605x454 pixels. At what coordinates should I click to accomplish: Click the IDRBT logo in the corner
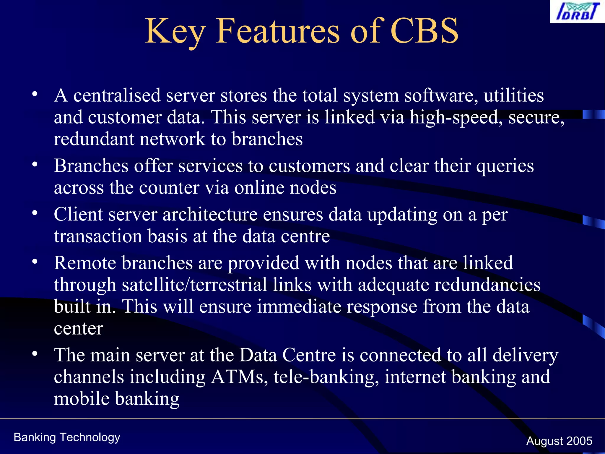click(577, 12)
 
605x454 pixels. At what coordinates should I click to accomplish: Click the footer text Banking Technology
click(67, 437)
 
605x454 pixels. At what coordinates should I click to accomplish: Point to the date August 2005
click(559, 441)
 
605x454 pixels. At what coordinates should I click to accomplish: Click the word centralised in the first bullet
click(117, 95)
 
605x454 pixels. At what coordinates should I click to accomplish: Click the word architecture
click(210, 215)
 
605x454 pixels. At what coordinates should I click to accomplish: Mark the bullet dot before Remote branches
click(35, 262)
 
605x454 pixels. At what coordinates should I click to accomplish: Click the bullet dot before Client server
click(35, 213)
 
